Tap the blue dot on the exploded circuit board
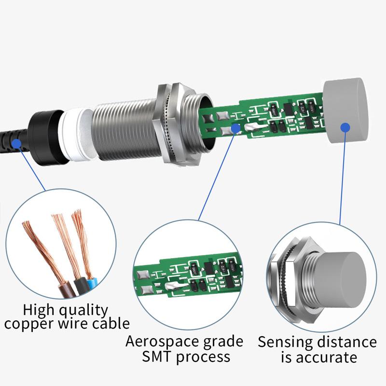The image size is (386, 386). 235,128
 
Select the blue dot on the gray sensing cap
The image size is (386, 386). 345,127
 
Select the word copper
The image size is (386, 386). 30,324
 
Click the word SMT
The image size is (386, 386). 156,358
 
